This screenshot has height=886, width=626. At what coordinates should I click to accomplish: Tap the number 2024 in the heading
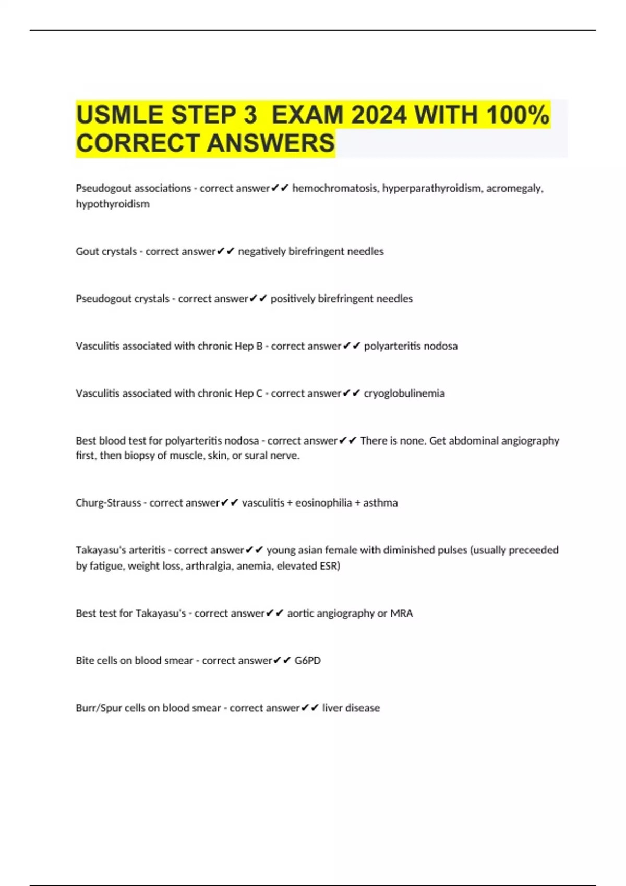tap(379, 115)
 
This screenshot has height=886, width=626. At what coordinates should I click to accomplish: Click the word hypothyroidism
tap(113, 204)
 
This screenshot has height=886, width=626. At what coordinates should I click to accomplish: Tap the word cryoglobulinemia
tap(404, 393)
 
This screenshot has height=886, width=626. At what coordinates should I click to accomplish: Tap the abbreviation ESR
tap(329, 566)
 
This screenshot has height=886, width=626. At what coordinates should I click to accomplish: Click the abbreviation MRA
tap(402, 613)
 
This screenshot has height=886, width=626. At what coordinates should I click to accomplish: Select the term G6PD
tap(308, 661)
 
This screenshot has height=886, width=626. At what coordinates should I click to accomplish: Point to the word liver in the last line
tap(332, 708)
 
